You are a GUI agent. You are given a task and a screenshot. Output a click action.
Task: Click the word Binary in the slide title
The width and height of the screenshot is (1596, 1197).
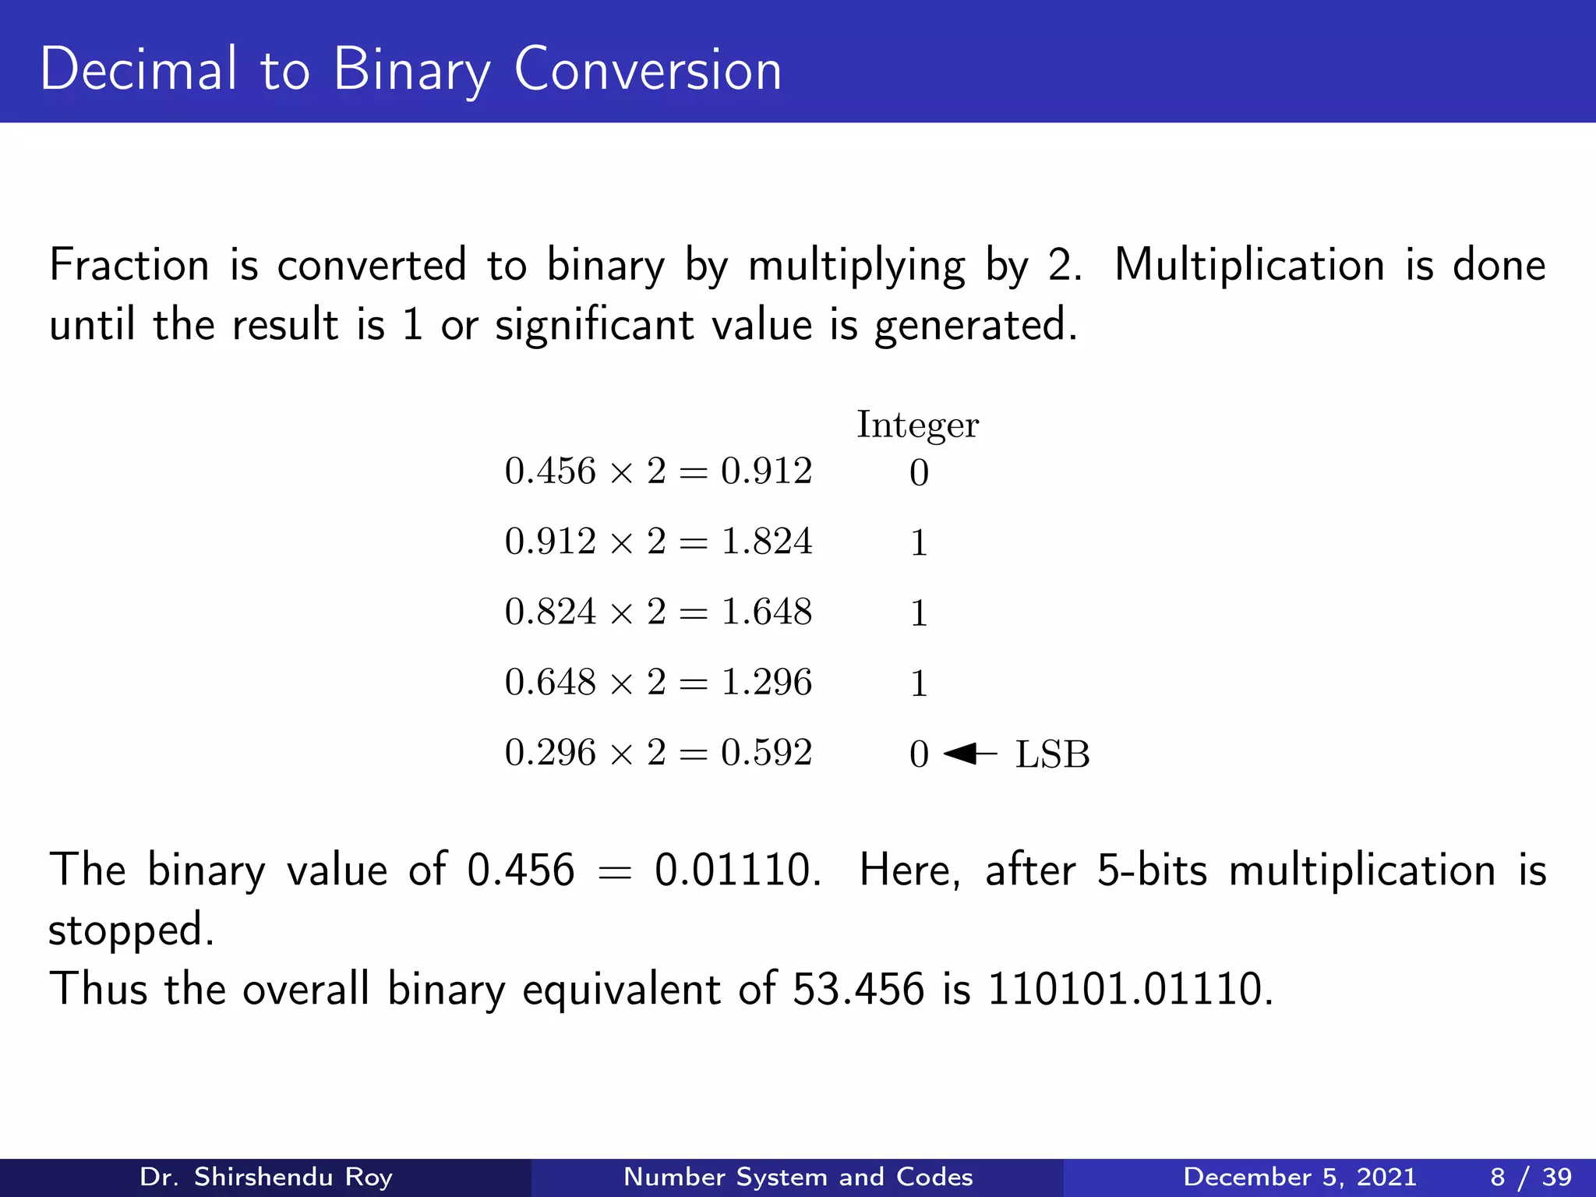pos(411,70)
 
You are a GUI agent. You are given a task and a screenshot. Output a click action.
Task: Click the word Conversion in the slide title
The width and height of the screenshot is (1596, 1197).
pos(647,70)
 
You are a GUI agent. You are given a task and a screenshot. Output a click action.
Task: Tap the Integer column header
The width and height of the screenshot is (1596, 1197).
pos(917,425)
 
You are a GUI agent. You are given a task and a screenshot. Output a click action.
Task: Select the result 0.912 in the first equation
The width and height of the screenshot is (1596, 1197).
pos(766,471)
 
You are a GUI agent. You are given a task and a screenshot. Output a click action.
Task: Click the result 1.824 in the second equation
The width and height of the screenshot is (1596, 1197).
pos(766,542)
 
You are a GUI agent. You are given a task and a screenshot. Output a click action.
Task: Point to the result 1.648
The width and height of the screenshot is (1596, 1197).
pos(766,612)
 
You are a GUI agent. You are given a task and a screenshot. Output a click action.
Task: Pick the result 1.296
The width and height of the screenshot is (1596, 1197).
pos(766,682)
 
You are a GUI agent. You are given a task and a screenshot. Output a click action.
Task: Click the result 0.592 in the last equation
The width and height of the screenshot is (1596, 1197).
pos(766,753)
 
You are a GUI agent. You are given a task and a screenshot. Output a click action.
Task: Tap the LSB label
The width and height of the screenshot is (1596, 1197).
pos(1052,754)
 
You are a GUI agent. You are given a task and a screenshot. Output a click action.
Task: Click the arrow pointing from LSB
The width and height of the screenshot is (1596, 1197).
pos(969,754)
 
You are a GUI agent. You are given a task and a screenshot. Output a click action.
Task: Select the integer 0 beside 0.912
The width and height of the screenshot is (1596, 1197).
pos(919,473)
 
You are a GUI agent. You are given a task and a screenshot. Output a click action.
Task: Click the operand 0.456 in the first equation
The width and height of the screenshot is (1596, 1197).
pos(550,471)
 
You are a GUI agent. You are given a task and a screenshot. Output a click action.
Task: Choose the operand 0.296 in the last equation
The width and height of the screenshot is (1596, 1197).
pos(550,753)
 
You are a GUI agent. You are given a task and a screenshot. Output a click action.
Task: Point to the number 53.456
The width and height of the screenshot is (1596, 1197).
pos(858,989)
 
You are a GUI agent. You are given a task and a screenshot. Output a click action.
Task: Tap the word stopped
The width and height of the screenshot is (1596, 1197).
pos(131,930)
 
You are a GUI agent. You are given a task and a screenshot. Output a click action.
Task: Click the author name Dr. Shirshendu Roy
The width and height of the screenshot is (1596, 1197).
pos(266,1177)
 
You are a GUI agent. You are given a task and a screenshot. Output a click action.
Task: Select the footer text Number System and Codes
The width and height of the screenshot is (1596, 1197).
pos(798,1177)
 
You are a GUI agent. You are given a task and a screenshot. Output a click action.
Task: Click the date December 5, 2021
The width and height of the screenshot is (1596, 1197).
pos(1299,1177)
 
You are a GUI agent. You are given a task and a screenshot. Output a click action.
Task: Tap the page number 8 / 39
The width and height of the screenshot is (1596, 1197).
pos(1531,1177)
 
